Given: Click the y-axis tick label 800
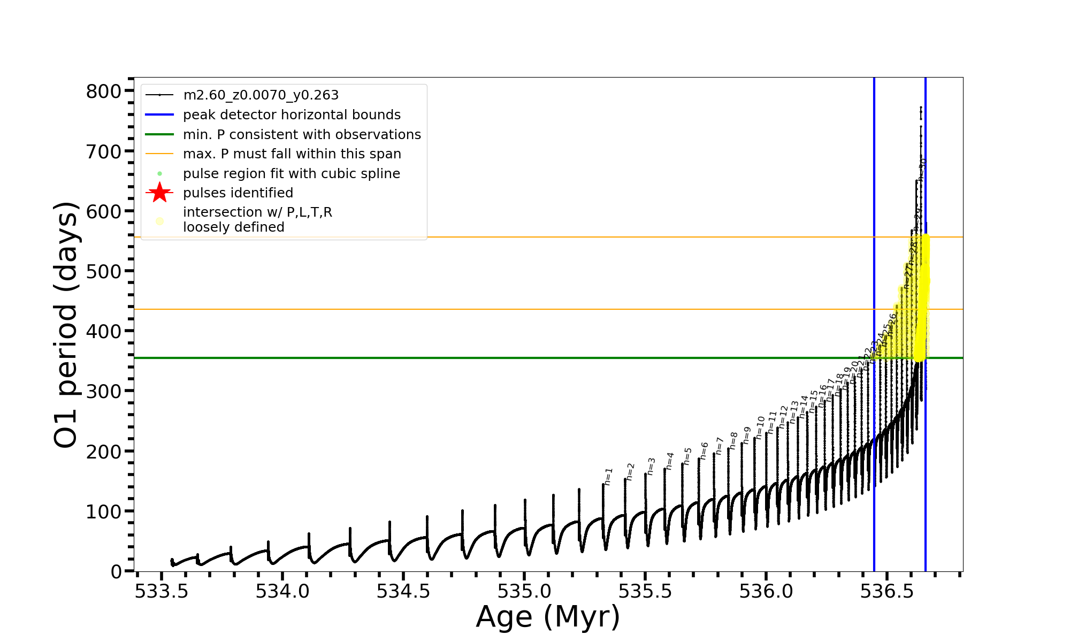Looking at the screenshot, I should pyautogui.click(x=104, y=91).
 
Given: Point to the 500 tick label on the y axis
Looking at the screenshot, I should pyautogui.click(x=104, y=271).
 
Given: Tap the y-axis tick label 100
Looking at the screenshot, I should pyautogui.click(x=104, y=512).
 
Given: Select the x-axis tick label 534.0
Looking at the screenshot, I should pyautogui.click(x=282, y=592).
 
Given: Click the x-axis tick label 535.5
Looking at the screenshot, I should pyautogui.click(x=645, y=592).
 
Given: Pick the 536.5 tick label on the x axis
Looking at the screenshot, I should pyautogui.click(x=886, y=592).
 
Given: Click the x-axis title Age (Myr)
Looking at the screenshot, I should pyautogui.click(x=548, y=617).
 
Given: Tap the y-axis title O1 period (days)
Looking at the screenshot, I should pyautogui.click(x=66, y=325).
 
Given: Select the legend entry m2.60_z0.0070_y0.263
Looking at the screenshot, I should pyautogui.click(x=261, y=95).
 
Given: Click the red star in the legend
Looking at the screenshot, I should pyautogui.click(x=159, y=193).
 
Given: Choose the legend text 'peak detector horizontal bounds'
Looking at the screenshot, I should pyautogui.click(x=292, y=115).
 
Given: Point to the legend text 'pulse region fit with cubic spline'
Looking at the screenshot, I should pyautogui.click(x=292, y=174).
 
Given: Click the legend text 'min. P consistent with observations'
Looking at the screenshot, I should pyautogui.click(x=302, y=135).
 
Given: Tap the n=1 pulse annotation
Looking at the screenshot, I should pyautogui.click(x=608, y=477).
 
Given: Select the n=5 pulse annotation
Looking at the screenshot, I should pyautogui.click(x=688, y=456).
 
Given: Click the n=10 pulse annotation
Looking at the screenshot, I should pyautogui.click(x=760, y=428).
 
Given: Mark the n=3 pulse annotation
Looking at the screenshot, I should pyautogui.click(x=651, y=466).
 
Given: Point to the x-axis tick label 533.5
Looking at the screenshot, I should pyautogui.click(x=162, y=592).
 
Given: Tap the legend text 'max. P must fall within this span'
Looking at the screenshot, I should pyautogui.click(x=292, y=154).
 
